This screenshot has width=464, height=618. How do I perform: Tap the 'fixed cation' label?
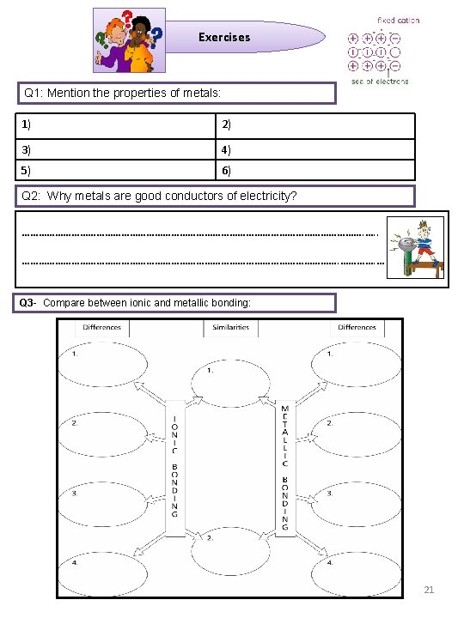click(399, 20)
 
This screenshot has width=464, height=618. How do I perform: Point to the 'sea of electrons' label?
click(379, 81)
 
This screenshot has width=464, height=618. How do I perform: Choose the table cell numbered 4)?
click(314, 148)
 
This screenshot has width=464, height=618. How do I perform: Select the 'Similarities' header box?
click(230, 328)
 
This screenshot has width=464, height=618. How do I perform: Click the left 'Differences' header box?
click(102, 327)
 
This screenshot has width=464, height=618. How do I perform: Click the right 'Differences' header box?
click(357, 327)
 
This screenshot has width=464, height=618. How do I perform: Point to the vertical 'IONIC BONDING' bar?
click(174, 468)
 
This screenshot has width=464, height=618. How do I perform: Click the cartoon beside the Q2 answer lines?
click(417, 248)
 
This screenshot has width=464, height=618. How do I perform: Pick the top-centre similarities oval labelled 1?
click(230, 383)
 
